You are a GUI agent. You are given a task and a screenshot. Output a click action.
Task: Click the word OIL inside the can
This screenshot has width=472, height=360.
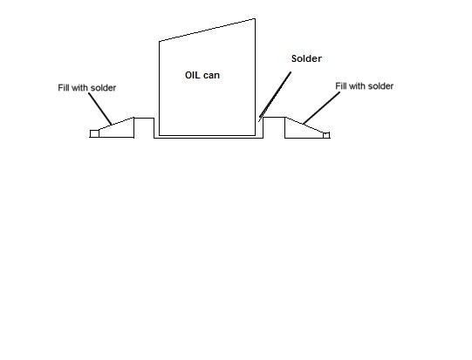point(192,75)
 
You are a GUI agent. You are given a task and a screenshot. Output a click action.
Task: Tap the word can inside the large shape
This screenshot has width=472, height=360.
point(211,76)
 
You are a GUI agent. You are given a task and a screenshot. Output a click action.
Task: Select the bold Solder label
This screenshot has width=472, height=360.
point(306,58)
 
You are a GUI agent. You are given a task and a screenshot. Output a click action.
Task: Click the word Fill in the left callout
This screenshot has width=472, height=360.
point(64,88)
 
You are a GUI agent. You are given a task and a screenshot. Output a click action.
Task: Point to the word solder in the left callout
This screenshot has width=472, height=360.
point(103,88)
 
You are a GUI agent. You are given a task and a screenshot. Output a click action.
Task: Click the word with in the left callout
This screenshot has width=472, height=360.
point(79,88)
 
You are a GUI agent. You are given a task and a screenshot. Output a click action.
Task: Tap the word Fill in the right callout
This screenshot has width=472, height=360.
point(341,86)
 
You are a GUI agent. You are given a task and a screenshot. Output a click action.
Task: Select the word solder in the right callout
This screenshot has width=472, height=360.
point(380,86)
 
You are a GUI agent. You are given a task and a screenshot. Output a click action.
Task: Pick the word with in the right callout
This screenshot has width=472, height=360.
point(358,86)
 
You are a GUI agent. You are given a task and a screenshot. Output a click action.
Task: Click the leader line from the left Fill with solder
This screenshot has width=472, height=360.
point(100,109)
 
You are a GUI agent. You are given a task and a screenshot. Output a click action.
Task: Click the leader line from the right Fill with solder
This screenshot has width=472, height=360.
point(321,108)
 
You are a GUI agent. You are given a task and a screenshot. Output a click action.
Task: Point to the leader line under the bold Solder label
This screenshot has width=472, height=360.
point(275,97)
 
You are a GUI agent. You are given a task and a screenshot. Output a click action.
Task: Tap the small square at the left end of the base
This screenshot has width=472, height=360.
point(94,134)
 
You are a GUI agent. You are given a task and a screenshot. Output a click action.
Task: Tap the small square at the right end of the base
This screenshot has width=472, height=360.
point(326,135)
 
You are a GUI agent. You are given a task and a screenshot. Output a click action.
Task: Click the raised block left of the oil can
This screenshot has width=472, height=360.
point(144,128)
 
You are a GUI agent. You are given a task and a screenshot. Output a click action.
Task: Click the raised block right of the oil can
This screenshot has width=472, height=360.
point(274,127)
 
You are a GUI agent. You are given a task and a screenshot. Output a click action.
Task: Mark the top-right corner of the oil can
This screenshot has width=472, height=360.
point(256,18)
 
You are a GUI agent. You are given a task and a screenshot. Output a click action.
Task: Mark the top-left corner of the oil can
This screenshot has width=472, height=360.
point(160,41)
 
